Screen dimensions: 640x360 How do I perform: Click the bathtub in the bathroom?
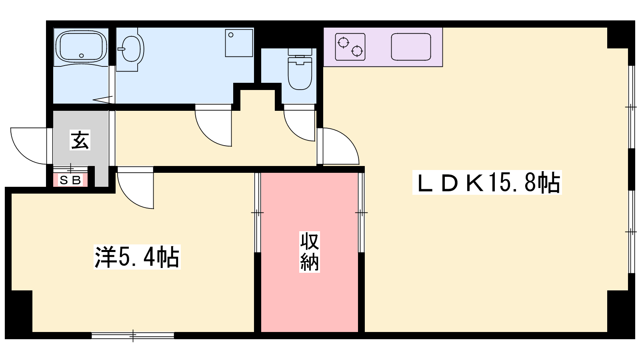(x=81, y=47)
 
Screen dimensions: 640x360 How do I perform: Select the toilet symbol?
(x=300, y=69)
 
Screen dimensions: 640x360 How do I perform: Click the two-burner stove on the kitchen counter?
(x=350, y=47)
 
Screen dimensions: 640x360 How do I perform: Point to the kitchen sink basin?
(x=411, y=47)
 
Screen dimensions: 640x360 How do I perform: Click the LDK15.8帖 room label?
(x=487, y=182)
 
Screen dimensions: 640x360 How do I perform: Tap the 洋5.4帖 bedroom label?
(x=137, y=257)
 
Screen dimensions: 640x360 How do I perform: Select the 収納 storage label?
(x=310, y=252)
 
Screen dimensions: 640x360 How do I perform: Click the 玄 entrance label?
(x=80, y=140)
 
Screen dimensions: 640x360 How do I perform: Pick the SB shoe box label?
(x=70, y=180)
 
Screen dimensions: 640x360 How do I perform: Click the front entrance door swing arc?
(x=28, y=146)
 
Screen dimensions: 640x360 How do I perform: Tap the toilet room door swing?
(x=300, y=123)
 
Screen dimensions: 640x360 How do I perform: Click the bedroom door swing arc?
(x=136, y=188)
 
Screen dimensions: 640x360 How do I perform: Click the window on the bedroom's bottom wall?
(x=133, y=336)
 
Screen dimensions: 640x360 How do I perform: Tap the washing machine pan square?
(x=239, y=43)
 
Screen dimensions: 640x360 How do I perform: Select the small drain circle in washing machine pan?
(x=231, y=35)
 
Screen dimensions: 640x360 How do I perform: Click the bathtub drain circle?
(x=82, y=56)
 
